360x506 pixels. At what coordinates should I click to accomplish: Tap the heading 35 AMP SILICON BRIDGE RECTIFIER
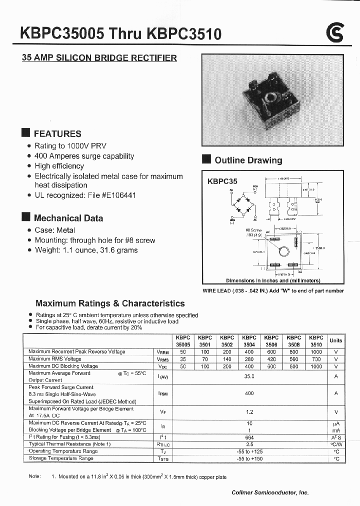(99, 58)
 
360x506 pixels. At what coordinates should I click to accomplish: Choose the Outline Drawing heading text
(248, 160)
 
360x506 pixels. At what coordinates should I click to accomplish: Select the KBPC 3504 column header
(249, 341)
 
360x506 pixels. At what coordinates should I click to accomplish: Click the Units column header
(336, 340)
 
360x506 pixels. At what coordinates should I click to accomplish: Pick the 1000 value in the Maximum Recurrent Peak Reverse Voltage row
(316, 351)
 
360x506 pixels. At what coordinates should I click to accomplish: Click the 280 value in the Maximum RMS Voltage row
(249, 359)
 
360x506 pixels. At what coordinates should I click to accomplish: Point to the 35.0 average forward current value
(249, 376)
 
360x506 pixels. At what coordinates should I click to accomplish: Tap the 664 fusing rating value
(249, 436)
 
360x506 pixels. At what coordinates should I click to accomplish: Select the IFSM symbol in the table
(162, 393)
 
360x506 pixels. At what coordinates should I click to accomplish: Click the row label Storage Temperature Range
(61, 458)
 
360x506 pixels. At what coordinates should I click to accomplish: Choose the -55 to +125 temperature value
(249, 451)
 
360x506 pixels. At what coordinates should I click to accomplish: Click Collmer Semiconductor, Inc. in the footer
(270, 492)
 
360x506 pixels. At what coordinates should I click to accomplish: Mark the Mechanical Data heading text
(68, 218)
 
